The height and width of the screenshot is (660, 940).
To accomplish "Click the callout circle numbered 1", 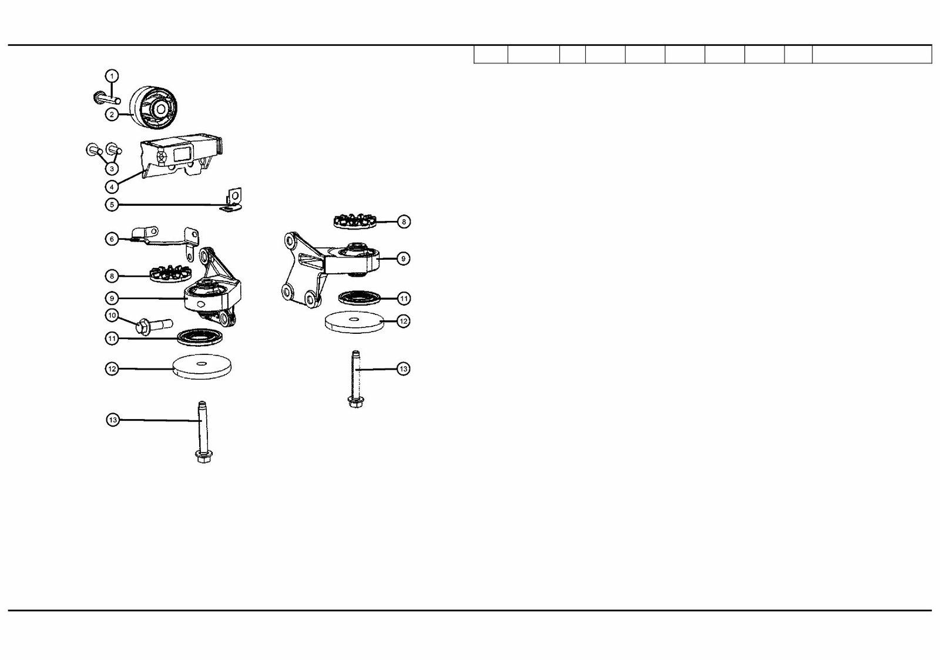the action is (x=112, y=76).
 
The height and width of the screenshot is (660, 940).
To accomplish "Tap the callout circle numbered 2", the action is (x=112, y=114).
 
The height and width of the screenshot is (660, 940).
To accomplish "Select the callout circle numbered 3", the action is (x=112, y=169).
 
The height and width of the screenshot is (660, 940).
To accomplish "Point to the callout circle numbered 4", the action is (x=112, y=186).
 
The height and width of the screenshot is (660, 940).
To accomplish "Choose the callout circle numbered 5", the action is (x=112, y=205).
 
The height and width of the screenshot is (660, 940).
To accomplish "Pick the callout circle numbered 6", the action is (x=112, y=239).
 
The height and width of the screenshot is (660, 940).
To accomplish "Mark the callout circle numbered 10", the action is (x=112, y=315).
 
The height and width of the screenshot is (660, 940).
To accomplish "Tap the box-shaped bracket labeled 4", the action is (x=181, y=157).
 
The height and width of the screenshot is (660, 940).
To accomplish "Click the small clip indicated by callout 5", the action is (x=232, y=199).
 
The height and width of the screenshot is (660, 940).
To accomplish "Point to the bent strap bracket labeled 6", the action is (x=164, y=242).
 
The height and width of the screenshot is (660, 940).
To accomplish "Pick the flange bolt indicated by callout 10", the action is (x=154, y=326).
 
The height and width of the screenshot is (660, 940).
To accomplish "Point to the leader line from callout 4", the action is (x=130, y=178).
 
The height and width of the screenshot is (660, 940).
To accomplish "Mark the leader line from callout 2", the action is (x=126, y=114).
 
